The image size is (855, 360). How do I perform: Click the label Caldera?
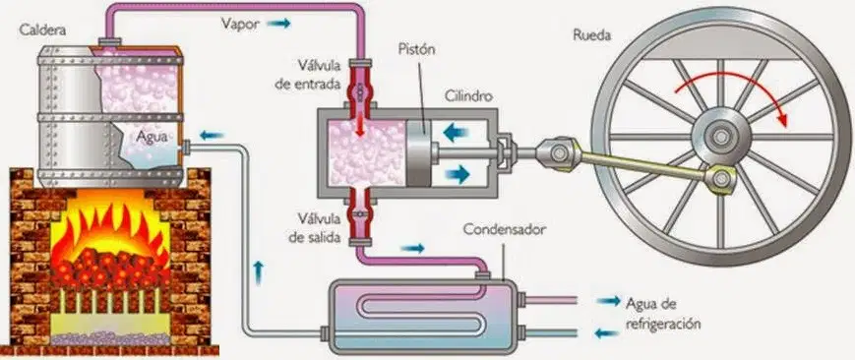tap(43, 30)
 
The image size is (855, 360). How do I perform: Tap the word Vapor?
tap(240, 24)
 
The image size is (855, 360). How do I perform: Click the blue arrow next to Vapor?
tap(278, 24)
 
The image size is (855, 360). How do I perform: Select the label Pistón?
tap(417, 50)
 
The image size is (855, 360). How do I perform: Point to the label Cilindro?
tap(468, 96)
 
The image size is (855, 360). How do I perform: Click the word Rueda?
tap(591, 35)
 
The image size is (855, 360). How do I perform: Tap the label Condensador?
tap(505, 229)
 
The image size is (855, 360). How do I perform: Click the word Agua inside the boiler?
tap(153, 137)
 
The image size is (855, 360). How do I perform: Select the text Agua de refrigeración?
tap(662, 313)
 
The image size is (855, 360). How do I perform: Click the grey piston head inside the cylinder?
tap(418, 153)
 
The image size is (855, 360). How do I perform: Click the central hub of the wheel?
tap(721, 136)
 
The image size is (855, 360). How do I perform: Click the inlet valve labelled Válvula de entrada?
tap(360, 88)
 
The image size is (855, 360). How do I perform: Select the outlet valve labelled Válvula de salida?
tap(360, 215)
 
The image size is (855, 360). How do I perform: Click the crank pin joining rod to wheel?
tap(720, 178)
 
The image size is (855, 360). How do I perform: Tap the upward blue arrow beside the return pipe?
tap(259, 273)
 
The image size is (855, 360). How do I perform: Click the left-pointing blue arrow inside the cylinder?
tap(457, 132)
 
